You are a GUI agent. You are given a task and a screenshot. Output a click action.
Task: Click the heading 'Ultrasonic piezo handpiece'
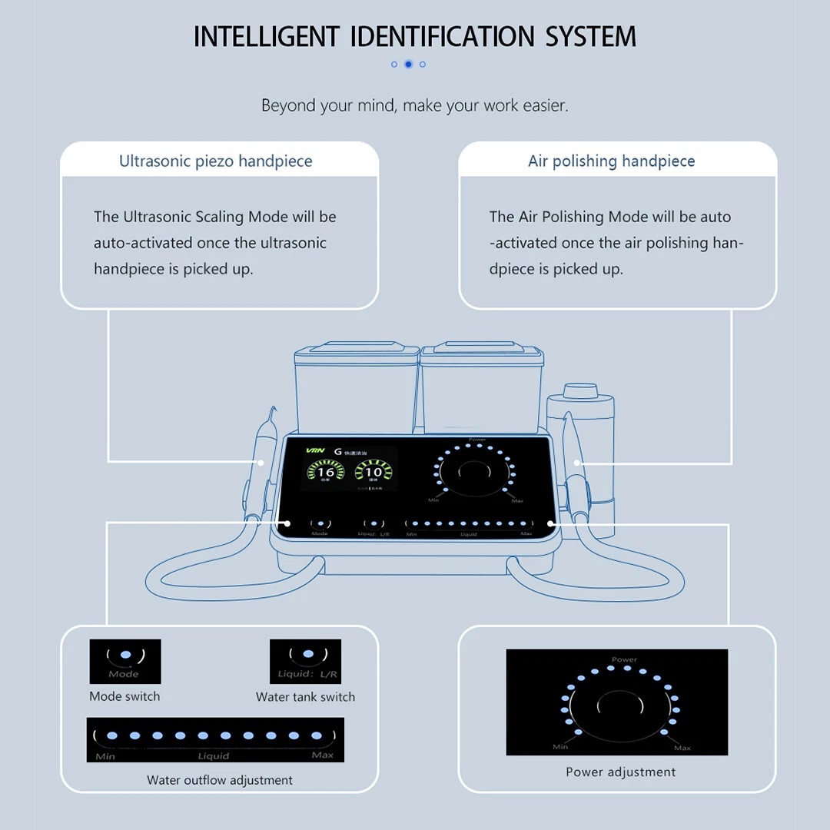pyautogui.click(x=215, y=161)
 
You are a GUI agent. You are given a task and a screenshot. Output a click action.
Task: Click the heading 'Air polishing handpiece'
pyautogui.click(x=611, y=161)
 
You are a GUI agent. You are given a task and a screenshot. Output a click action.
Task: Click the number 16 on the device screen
pyautogui.click(x=326, y=472)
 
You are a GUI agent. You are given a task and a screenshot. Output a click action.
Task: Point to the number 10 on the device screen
pyautogui.click(x=373, y=472)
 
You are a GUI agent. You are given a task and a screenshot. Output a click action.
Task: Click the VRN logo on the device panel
pyautogui.click(x=315, y=451)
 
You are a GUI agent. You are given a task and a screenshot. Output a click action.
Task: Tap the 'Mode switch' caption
pyautogui.click(x=124, y=696)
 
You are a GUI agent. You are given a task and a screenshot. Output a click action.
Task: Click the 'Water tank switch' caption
pyautogui.click(x=305, y=697)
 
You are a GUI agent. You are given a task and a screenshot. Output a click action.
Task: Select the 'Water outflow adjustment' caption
pyautogui.click(x=220, y=780)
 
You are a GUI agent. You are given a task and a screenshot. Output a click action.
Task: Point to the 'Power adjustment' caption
pyautogui.click(x=621, y=772)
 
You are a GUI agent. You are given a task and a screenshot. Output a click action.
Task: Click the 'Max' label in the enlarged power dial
pyautogui.click(x=682, y=747)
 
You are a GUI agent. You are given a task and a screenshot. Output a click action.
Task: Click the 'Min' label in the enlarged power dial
pyautogui.click(x=560, y=746)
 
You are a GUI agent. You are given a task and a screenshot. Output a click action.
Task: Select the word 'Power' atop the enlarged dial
pyautogui.click(x=624, y=659)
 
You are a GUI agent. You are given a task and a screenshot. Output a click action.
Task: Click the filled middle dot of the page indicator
pyautogui.click(x=408, y=65)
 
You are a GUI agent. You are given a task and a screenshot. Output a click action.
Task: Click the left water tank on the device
pyautogui.click(x=356, y=388)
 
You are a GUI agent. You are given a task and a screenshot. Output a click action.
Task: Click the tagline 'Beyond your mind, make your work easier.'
pyautogui.click(x=415, y=105)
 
